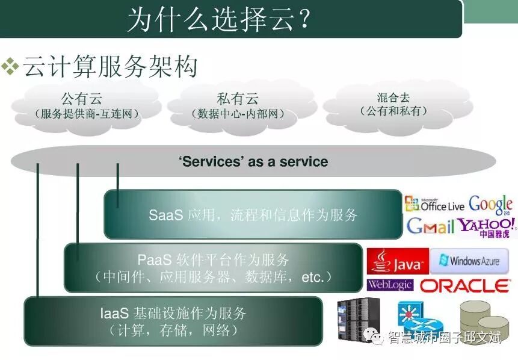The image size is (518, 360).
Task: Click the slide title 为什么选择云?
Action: (x=219, y=20)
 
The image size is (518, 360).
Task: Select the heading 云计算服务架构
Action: (x=111, y=66)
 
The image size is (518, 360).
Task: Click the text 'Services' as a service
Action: (x=253, y=161)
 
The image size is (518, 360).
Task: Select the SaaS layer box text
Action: (x=253, y=215)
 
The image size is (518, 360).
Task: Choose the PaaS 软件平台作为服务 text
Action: (x=214, y=260)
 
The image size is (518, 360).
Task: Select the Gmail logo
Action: (x=430, y=226)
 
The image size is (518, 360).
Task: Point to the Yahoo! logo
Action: (x=487, y=226)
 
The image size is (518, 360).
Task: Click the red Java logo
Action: (x=398, y=262)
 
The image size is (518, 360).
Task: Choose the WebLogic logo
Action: (x=390, y=285)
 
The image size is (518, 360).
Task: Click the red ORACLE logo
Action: (x=464, y=285)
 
